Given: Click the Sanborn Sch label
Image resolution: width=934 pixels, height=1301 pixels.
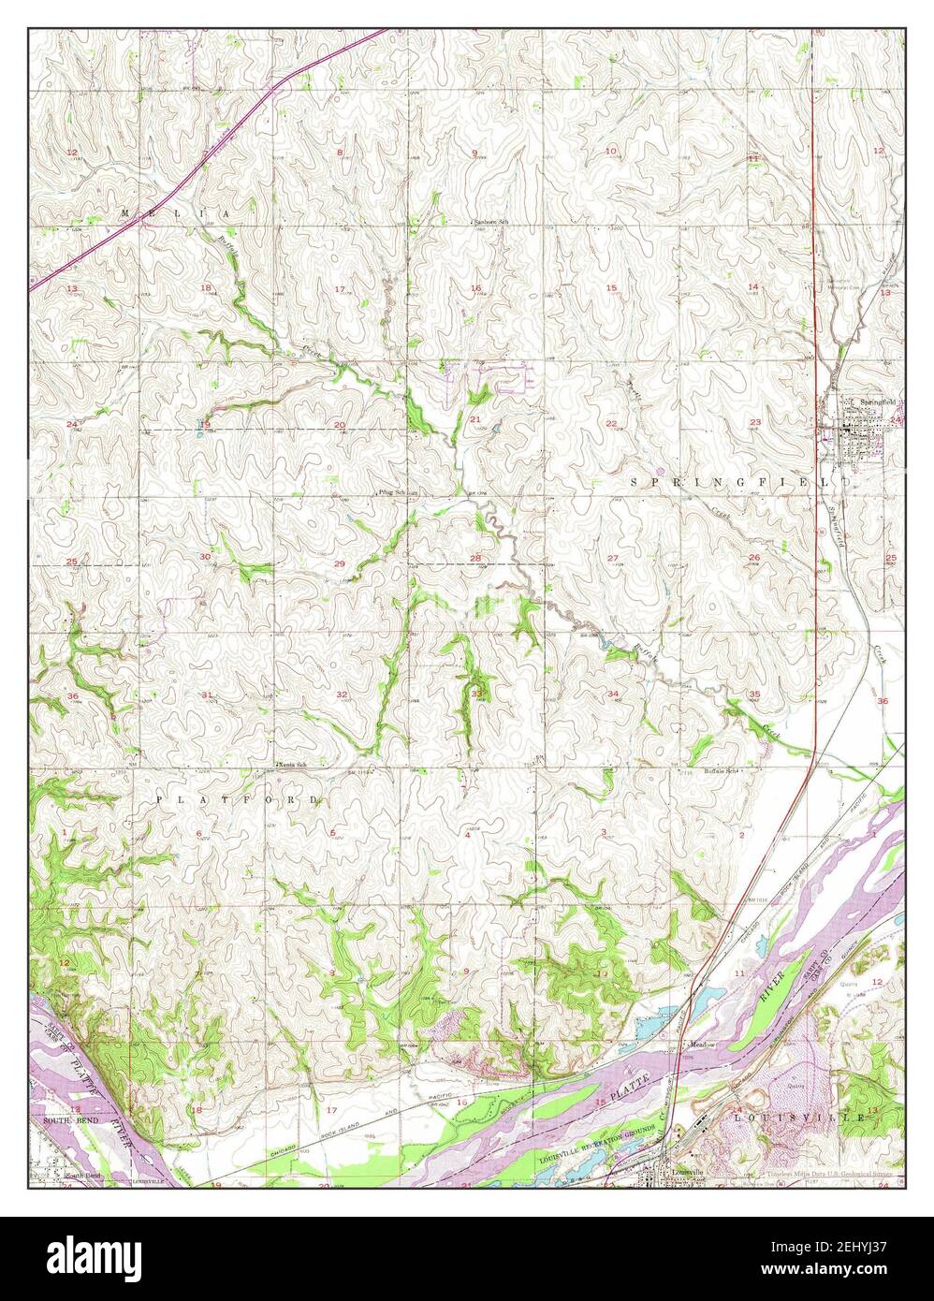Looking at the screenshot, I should click(490, 222).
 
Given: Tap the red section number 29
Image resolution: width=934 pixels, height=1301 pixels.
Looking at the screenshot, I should click(339, 563).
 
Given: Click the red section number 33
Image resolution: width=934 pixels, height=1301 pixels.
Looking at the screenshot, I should click(476, 694).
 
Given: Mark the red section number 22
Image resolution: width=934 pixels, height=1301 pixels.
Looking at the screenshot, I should click(611, 424).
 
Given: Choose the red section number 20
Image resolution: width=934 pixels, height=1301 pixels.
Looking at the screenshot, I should click(339, 425).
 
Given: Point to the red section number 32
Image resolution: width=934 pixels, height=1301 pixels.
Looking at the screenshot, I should click(342, 694).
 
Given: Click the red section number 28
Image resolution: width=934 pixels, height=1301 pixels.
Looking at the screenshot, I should click(475, 559).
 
